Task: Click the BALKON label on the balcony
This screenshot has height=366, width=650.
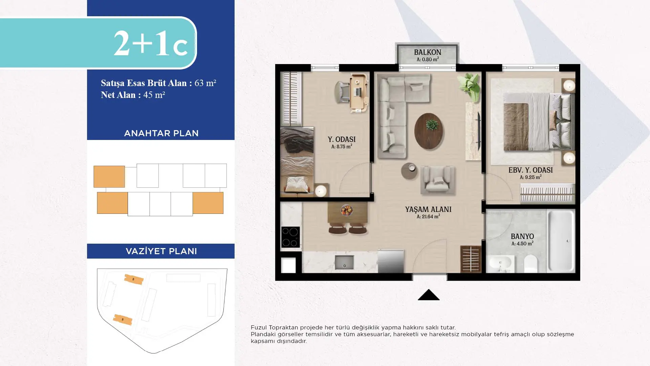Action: click(428, 53)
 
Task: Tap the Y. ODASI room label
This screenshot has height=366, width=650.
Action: click(342, 139)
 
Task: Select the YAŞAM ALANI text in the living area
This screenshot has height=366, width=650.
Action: click(428, 209)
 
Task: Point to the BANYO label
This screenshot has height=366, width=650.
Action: click(522, 237)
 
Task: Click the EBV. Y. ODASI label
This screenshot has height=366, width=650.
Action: click(530, 170)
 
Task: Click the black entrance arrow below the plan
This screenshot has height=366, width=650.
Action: click(429, 294)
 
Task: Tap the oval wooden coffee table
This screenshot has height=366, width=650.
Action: click(429, 131)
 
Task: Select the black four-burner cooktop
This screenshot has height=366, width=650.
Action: click(290, 237)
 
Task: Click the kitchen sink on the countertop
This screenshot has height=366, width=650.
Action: click(344, 262)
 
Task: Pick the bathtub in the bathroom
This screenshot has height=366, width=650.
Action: click(561, 241)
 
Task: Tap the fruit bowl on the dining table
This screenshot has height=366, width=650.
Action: click(347, 210)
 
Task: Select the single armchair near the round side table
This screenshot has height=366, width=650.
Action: click(438, 180)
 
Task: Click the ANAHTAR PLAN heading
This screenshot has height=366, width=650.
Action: click(161, 133)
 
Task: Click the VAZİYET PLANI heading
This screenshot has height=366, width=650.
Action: click(161, 251)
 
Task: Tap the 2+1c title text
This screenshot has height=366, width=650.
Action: click(150, 43)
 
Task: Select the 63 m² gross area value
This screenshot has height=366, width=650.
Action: click(205, 83)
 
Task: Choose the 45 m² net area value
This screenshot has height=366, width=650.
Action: click(154, 95)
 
